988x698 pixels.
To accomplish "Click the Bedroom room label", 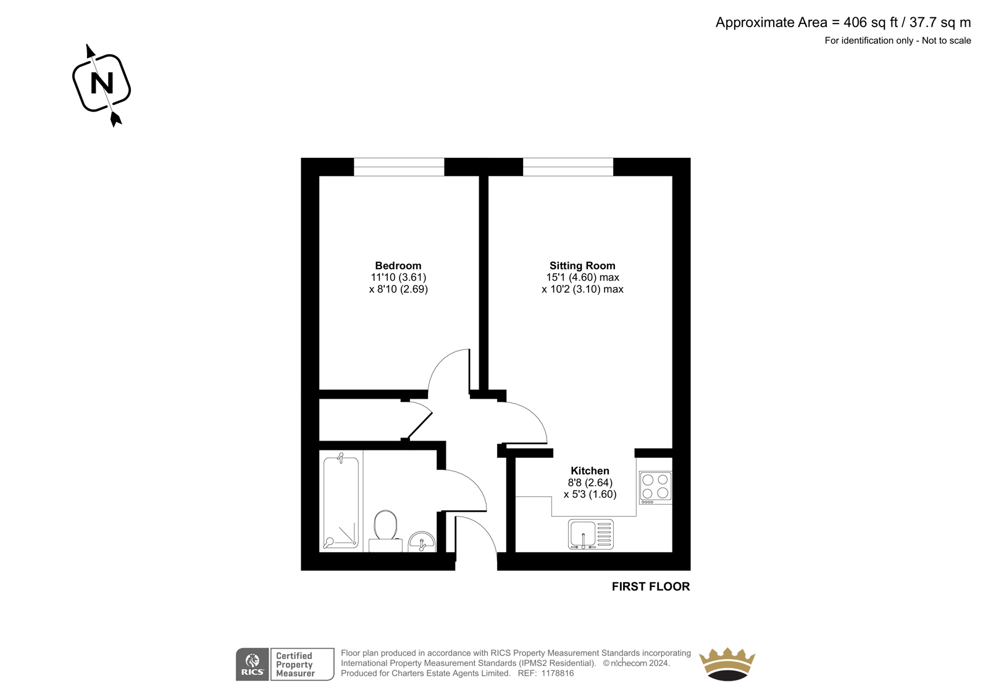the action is [398, 265].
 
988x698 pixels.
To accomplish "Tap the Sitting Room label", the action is [582, 265].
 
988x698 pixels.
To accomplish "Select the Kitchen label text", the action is [590, 470].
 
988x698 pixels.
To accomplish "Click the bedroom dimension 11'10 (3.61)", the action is [398, 277].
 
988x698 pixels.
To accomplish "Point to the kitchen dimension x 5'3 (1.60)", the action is [590, 494].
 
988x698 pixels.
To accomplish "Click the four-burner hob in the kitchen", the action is [655, 488].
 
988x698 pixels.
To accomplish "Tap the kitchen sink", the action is [590, 534].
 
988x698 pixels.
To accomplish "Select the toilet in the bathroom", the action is [385, 531].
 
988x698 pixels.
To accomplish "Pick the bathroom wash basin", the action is [422, 541].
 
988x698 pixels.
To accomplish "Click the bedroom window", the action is [399, 167].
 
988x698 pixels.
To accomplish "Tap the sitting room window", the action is [568, 167].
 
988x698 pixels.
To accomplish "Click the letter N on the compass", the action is [102, 83].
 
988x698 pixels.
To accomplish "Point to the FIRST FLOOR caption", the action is [651, 586].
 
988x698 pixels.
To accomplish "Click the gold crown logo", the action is [727, 664].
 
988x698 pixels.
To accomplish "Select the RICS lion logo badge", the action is [253, 664].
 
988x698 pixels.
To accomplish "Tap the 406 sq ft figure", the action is [871, 22].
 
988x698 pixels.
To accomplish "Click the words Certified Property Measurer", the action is [295, 665].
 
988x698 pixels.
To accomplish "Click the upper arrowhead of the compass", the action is [90, 51].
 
